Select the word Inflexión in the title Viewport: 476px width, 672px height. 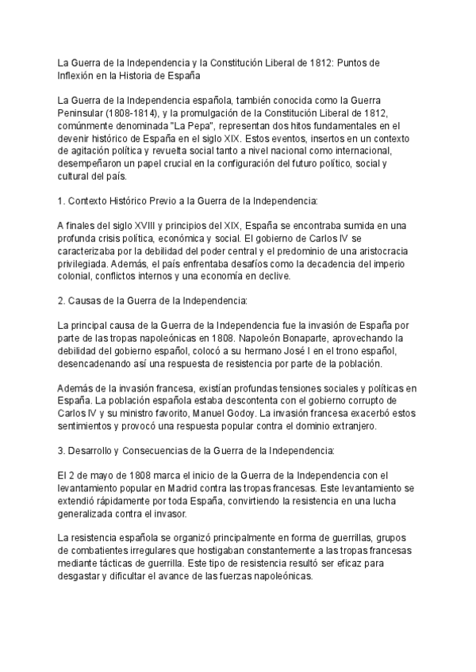coord(81,75)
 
